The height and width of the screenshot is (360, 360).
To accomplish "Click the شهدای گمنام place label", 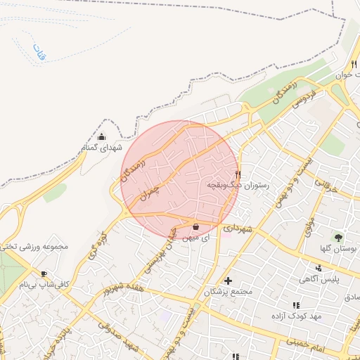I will pyautogui.click(x=101, y=148).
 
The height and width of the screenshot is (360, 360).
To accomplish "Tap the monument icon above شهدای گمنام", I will pyautogui.click(x=101, y=137).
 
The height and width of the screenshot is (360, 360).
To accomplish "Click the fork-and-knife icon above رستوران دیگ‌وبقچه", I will pyautogui.click(x=238, y=174).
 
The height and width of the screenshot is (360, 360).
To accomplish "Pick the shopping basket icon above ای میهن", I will pyautogui.click(x=196, y=226).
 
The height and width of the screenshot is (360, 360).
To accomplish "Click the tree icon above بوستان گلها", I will pyautogui.click(x=338, y=238).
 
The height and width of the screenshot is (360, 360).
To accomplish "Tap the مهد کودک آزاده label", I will pyautogui.click(x=297, y=316).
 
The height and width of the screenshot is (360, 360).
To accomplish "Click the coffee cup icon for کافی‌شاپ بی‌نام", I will pyautogui.click(x=44, y=274).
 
